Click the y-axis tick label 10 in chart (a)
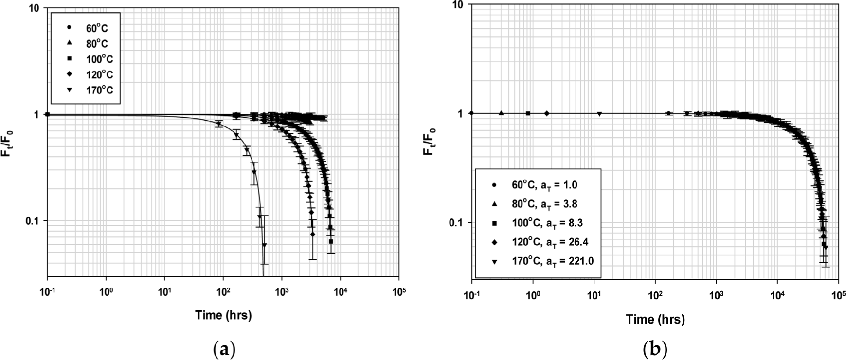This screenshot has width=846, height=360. (x=36, y=9)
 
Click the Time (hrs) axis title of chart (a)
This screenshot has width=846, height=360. (x=224, y=315)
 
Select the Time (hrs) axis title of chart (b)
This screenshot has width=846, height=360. (x=655, y=319)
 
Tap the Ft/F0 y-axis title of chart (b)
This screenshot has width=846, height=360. (x=430, y=138)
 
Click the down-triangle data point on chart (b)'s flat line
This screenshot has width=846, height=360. (x=599, y=114)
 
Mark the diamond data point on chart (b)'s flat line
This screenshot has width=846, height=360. (x=547, y=113)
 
